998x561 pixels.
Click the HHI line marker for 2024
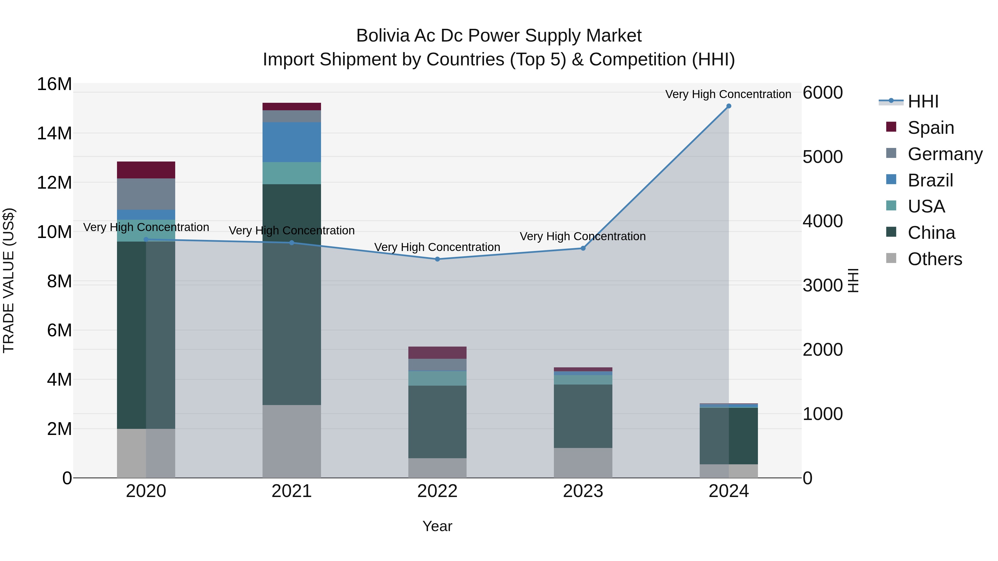(x=728, y=106)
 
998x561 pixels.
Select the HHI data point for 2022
(x=437, y=259)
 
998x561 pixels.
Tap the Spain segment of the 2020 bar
(x=146, y=170)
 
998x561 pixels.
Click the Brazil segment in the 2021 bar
(x=292, y=142)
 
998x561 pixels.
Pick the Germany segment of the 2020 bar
(x=146, y=194)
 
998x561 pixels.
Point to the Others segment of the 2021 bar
(x=292, y=441)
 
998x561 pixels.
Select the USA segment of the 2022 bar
(x=437, y=378)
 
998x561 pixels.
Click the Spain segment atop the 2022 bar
(x=437, y=353)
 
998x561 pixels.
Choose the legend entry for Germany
(x=944, y=154)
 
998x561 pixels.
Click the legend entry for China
(x=931, y=233)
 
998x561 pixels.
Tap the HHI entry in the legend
(x=922, y=101)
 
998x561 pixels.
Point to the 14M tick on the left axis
(x=54, y=133)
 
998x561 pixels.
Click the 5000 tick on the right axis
(x=823, y=157)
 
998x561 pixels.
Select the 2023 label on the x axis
(x=583, y=491)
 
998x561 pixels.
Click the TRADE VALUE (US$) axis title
(x=9, y=280)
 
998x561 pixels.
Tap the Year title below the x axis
(x=437, y=526)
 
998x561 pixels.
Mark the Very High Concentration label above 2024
(x=728, y=94)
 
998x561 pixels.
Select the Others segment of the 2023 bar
(x=583, y=463)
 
